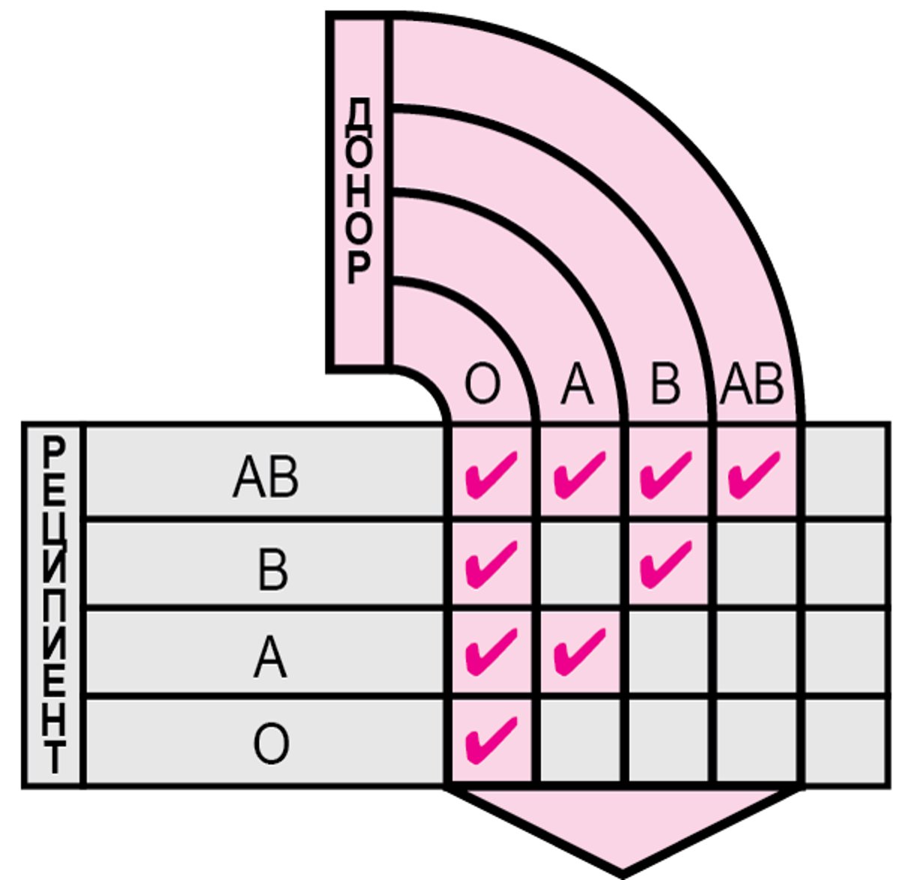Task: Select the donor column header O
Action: pos(482,386)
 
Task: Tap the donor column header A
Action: pos(577,386)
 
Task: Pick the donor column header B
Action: pos(665,386)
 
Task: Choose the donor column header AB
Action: pos(752,386)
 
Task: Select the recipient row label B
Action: pos(271,570)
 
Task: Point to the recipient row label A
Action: pos(270,657)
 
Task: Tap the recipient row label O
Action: pos(270,744)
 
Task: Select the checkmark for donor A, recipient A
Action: pos(579,651)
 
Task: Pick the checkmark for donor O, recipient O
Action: pos(491,739)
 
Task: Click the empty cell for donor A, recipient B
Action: pos(579,562)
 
